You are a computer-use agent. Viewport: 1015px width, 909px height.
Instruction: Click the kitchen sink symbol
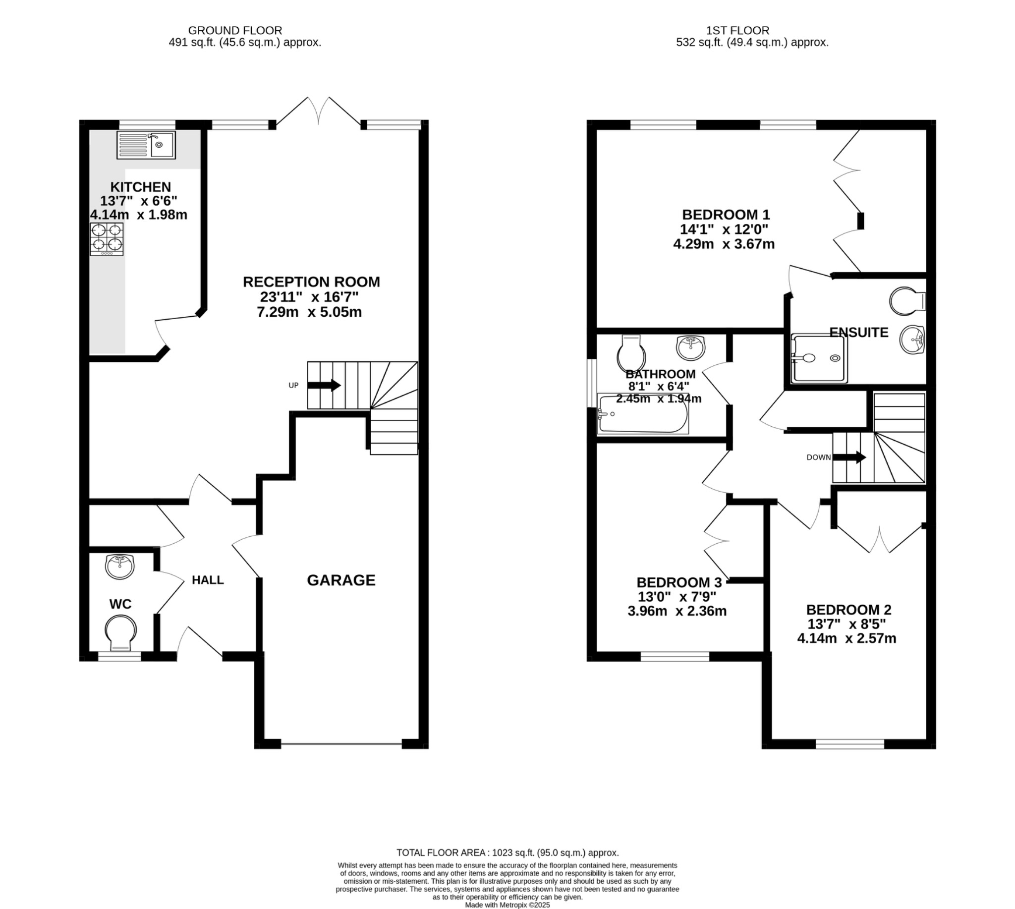(146, 145)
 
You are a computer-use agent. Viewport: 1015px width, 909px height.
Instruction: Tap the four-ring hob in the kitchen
(107, 239)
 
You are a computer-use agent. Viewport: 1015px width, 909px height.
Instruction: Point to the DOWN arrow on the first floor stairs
(853, 457)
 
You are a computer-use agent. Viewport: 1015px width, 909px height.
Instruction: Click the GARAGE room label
(340, 580)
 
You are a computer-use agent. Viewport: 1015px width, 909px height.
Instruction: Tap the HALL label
(208, 580)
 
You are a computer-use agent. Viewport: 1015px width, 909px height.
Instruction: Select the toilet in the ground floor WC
(120, 633)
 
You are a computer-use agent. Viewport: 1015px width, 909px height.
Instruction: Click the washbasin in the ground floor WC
(120, 567)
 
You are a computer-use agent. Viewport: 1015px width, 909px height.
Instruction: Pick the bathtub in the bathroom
(643, 414)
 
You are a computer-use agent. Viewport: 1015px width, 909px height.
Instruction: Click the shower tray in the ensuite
(819, 359)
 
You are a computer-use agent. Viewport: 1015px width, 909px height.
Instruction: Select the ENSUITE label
(859, 333)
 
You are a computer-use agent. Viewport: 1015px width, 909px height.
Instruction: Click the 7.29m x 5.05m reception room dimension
(309, 312)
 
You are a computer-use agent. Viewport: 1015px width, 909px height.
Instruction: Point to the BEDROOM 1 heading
(725, 215)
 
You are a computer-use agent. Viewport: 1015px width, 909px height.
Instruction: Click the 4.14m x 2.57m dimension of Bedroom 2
(846, 638)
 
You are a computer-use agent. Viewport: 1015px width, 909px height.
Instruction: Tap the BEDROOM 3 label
(678, 582)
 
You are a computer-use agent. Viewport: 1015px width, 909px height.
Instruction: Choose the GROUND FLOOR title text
(235, 30)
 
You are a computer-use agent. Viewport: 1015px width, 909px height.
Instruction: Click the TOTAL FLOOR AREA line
(507, 852)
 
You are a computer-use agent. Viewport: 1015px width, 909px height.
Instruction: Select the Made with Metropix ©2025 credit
(507, 905)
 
